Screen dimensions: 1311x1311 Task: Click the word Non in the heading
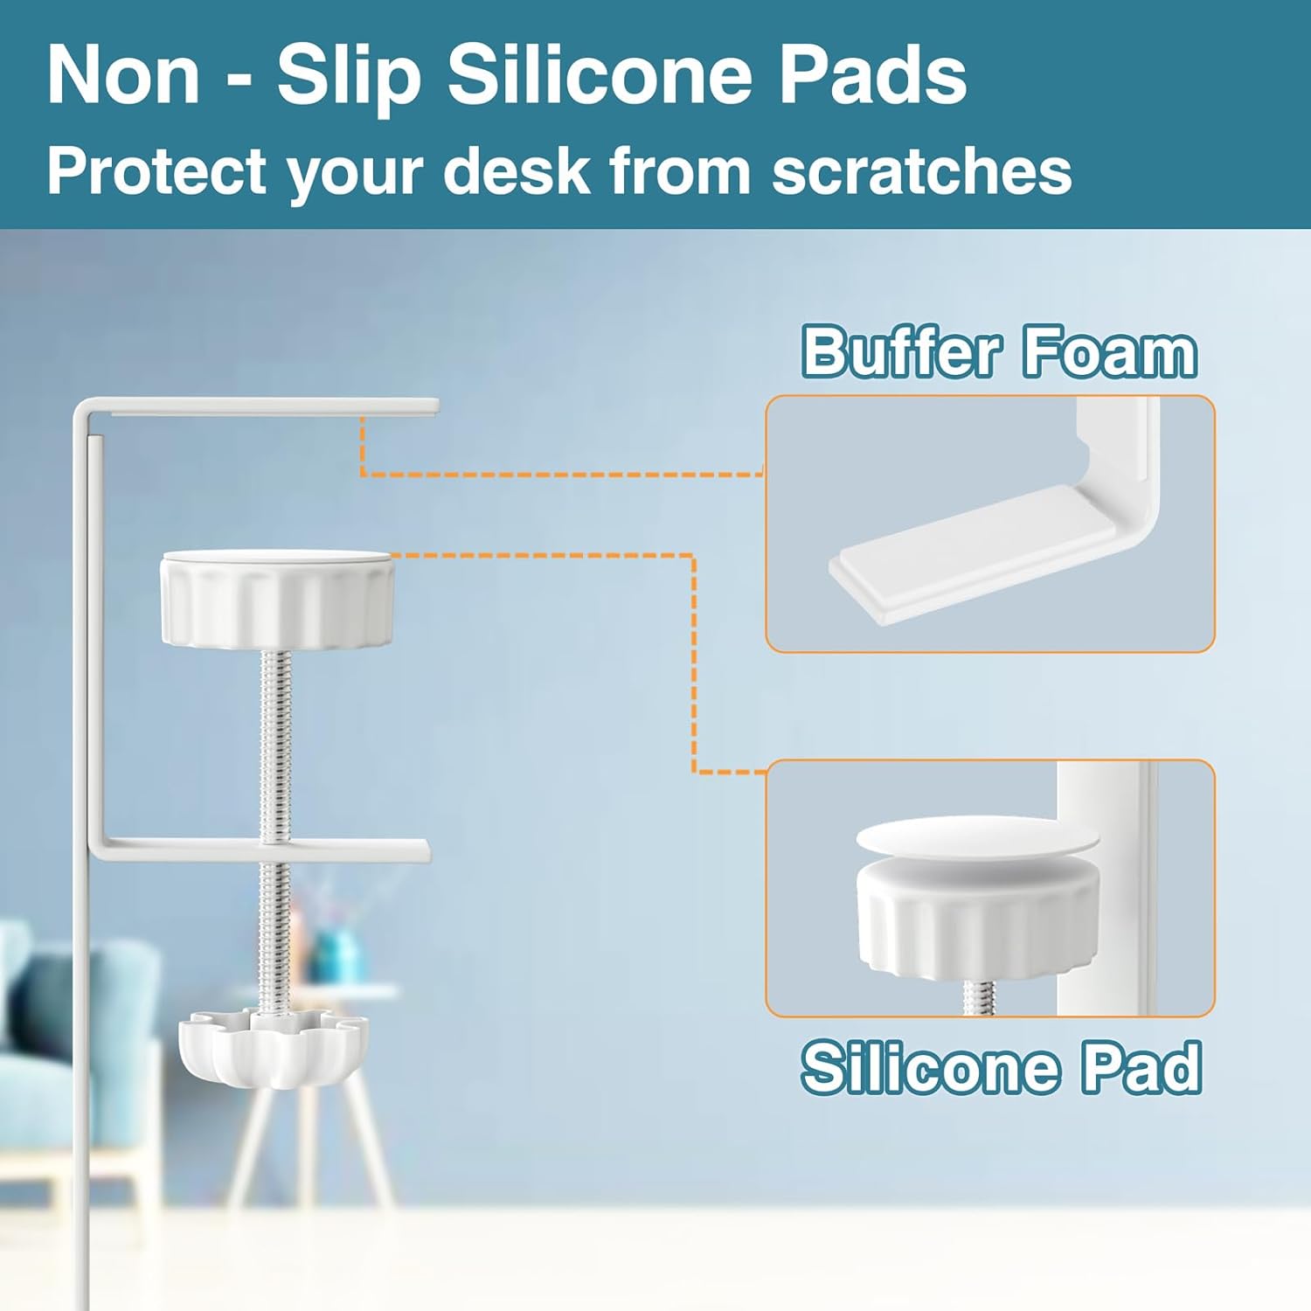click(x=123, y=75)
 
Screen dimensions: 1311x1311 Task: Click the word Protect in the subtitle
click(x=156, y=171)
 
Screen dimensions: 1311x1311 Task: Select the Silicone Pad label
click(x=1002, y=1066)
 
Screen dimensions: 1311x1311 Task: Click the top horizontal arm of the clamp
click(x=262, y=406)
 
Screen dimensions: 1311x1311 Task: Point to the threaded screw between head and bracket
click(x=275, y=746)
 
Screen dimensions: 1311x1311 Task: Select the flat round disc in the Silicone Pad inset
click(x=976, y=839)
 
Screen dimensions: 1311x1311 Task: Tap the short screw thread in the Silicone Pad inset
click(x=979, y=996)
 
